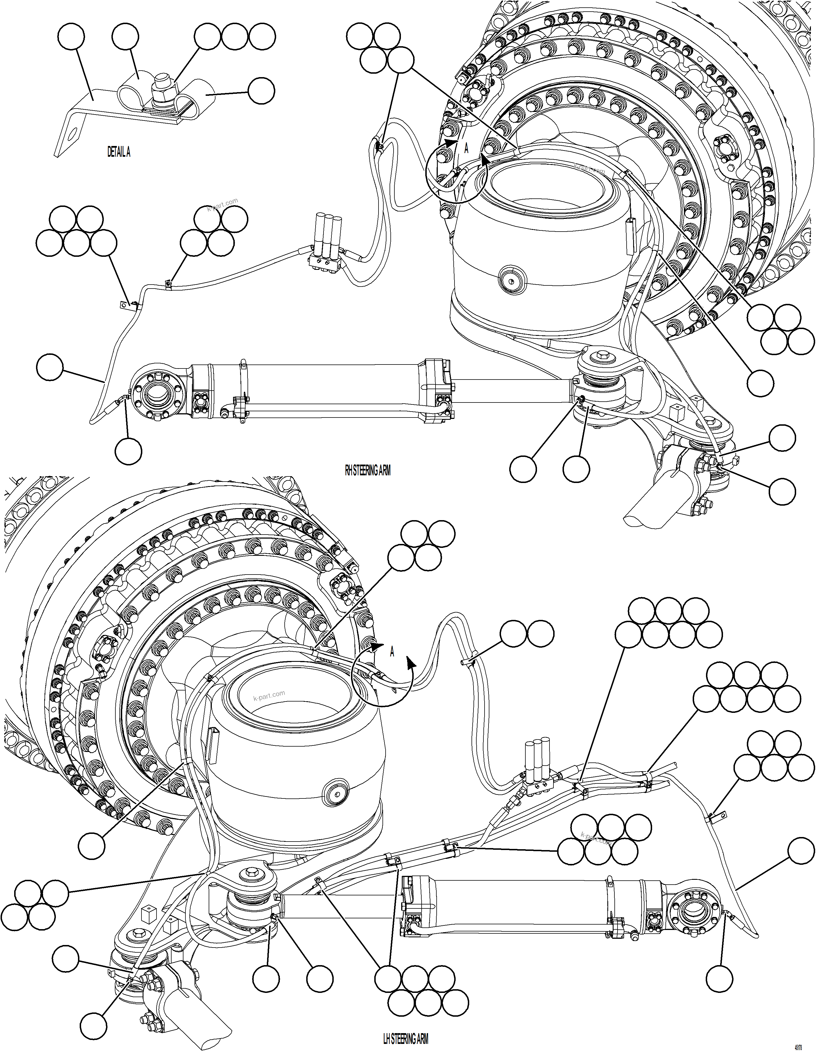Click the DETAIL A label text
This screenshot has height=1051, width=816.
[x=119, y=152]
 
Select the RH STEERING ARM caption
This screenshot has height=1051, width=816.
[x=367, y=471]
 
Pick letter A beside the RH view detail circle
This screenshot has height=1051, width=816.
[x=466, y=149]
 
